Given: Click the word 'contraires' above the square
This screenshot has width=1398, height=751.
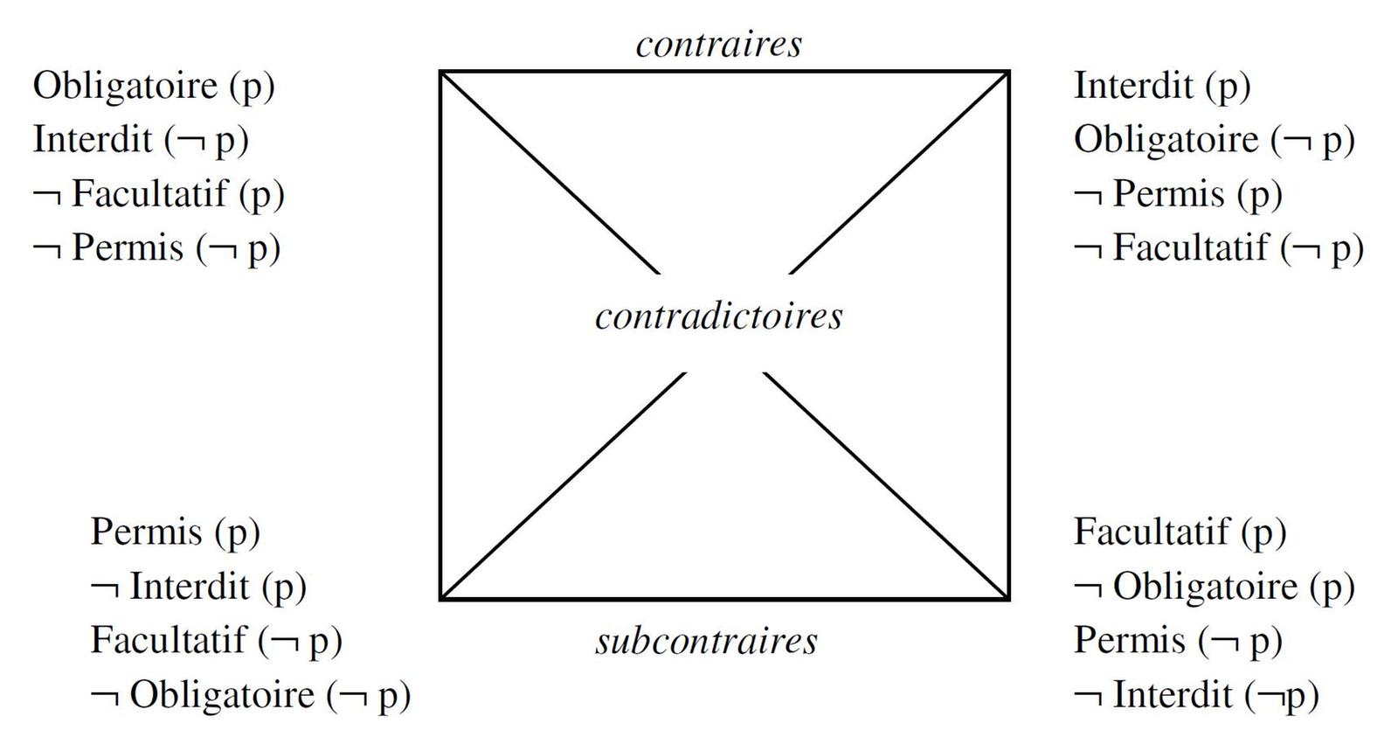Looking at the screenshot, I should coord(718,45).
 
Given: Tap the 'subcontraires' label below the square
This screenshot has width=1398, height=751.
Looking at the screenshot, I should coord(707,642).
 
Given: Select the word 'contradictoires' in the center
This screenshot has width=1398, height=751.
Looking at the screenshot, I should coord(719,316).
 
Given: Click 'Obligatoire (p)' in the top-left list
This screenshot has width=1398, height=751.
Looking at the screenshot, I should coord(154,87).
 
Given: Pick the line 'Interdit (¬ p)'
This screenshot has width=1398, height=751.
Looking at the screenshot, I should coord(141,141).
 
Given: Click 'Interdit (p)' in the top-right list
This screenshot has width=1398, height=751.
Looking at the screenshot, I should coord(1162,87).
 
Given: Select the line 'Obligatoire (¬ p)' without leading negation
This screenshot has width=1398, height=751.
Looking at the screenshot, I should coord(1214,141).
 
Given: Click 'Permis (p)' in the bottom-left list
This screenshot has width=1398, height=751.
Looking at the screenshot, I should coord(175,532).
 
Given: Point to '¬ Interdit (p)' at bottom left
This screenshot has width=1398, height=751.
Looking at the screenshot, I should coord(198,587).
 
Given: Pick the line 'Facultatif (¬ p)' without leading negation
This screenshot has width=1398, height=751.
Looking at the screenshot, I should coord(216,641).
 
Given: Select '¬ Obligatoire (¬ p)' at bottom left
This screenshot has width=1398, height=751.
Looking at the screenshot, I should coord(250,696).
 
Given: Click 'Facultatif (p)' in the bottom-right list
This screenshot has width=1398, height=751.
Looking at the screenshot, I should coord(1180,532).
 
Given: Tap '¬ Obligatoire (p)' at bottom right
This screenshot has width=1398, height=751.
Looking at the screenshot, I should coord(1214,587).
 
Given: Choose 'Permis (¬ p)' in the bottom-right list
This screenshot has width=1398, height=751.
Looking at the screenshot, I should coord(1178,641).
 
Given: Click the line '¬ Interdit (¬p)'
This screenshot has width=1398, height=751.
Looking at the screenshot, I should coord(1195,696).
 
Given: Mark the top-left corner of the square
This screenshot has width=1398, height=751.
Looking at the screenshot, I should coord(440,72).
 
